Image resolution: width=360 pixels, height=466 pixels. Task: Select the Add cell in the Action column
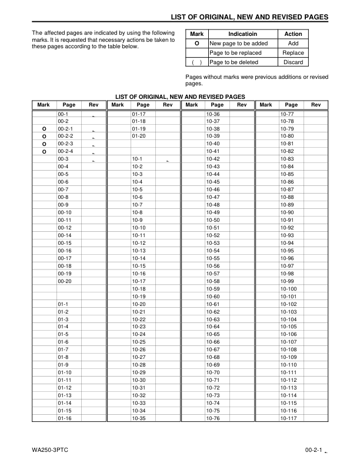click(293, 44)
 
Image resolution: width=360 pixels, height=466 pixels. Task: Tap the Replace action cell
click(293, 53)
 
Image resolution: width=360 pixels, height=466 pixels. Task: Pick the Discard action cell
click(293, 62)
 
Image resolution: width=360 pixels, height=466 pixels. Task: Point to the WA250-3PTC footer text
click(52, 451)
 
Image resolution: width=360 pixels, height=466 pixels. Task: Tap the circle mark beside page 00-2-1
click(44, 128)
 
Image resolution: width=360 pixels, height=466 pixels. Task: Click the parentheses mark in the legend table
click(196, 62)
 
